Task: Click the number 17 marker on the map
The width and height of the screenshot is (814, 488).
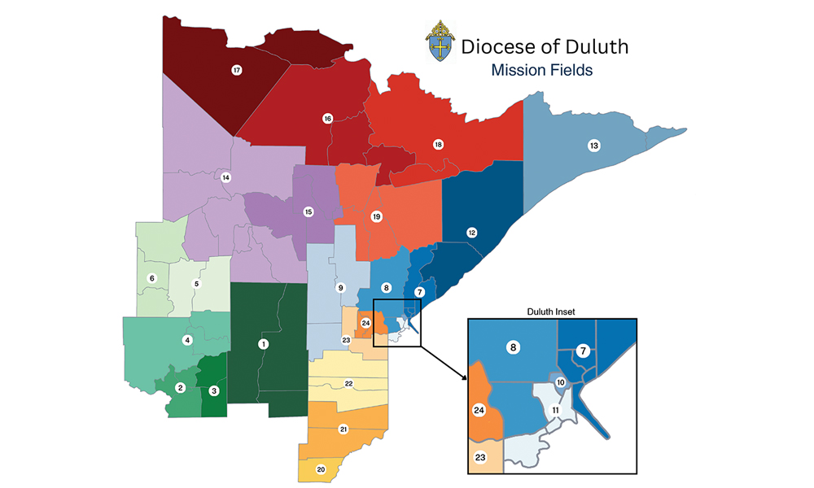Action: [237, 71]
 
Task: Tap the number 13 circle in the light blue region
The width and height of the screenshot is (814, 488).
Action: [594, 146]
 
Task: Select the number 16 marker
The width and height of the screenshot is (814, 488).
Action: [328, 119]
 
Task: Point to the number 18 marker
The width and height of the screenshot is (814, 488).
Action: [438, 145]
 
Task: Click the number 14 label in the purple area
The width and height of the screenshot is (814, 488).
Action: [226, 177]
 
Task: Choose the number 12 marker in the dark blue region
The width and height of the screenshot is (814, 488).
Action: [471, 233]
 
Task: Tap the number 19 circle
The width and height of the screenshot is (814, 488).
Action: [376, 216]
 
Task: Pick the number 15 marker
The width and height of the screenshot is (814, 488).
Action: [308, 211]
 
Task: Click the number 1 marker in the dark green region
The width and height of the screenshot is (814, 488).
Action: [263, 344]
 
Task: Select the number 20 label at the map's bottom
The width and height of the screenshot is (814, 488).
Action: [321, 469]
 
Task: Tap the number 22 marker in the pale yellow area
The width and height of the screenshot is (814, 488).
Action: [348, 383]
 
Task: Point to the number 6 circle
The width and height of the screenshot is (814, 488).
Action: [151, 278]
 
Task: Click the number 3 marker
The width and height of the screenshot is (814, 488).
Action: [214, 390]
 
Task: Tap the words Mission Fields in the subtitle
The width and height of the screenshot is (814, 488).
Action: [541, 71]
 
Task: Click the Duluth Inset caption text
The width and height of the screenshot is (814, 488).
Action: [551, 311]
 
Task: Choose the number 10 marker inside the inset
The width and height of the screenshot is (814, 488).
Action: [561, 382]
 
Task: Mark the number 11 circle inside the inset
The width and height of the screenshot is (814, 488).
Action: [555, 409]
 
